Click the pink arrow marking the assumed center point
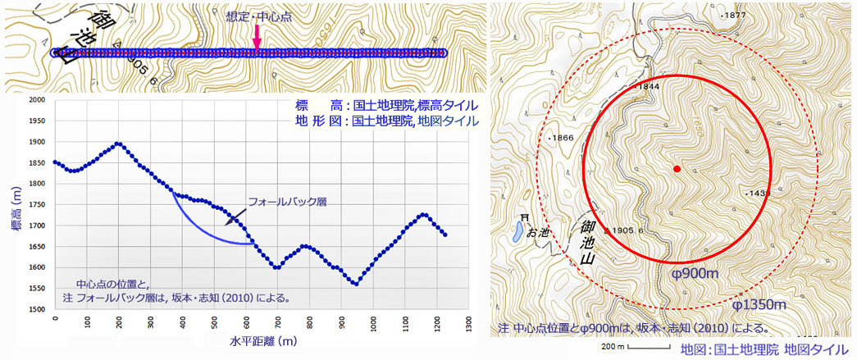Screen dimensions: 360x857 (257, 36)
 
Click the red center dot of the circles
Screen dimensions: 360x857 (677, 169)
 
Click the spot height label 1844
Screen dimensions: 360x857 (647, 86)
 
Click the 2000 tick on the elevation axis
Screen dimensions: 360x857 (38, 100)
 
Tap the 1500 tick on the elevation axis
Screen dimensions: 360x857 (38, 310)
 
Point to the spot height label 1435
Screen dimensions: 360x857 (759, 194)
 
